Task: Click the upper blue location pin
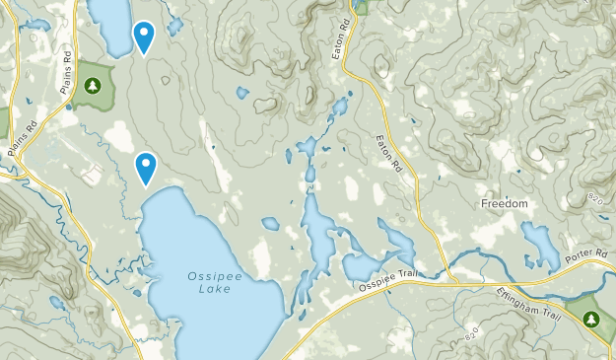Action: (x=144, y=36)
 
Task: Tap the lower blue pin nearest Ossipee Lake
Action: (x=146, y=167)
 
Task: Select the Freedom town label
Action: (x=505, y=203)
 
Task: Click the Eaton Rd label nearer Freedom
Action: (x=391, y=153)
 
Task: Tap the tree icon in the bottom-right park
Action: (x=591, y=319)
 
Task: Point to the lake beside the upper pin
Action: (x=110, y=26)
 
